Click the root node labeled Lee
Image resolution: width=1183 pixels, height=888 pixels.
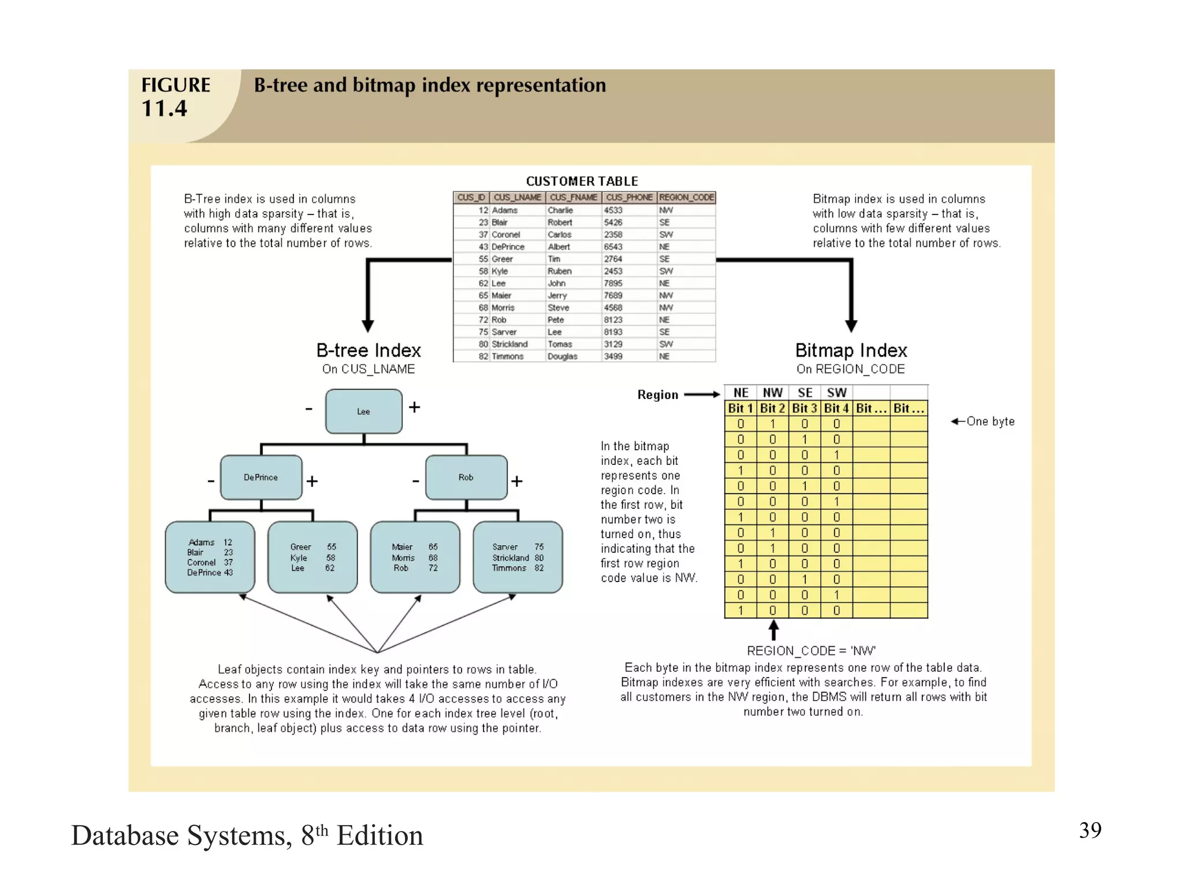click(x=363, y=412)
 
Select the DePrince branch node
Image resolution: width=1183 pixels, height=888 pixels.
click(x=261, y=478)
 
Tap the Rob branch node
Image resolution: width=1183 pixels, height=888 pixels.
click(x=466, y=478)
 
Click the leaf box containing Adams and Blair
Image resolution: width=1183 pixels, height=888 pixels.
click(x=210, y=557)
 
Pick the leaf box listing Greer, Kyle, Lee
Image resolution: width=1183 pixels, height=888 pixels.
click(x=313, y=557)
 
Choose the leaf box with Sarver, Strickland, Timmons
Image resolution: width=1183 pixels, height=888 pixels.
click(x=518, y=557)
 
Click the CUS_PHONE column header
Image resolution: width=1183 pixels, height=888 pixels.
click(x=629, y=198)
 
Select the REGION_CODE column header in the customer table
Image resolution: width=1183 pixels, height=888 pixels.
click(x=687, y=198)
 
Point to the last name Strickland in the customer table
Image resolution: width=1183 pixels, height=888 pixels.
click(x=509, y=344)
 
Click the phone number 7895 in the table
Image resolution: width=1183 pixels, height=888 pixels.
click(x=613, y=283)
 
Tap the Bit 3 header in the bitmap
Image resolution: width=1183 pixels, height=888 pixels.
click(x=805, y=408)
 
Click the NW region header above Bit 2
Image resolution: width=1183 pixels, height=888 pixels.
click(x=773, y=393)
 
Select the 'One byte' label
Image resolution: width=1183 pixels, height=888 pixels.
click(x=990, y=421)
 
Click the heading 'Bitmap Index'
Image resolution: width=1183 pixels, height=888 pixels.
click(x=851, y=350)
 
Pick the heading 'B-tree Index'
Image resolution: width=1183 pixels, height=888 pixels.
click(x=369, y=350)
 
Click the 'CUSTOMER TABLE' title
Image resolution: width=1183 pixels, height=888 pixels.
click(x=582, y=182)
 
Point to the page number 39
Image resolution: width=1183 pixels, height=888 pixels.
click(x=1090, y=830)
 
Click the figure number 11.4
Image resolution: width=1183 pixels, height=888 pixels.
click(x=165, y=109)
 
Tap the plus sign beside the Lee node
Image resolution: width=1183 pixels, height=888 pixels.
click(x=414, y=408)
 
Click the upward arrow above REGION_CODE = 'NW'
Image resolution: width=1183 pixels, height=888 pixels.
click(x=773, y=630)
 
